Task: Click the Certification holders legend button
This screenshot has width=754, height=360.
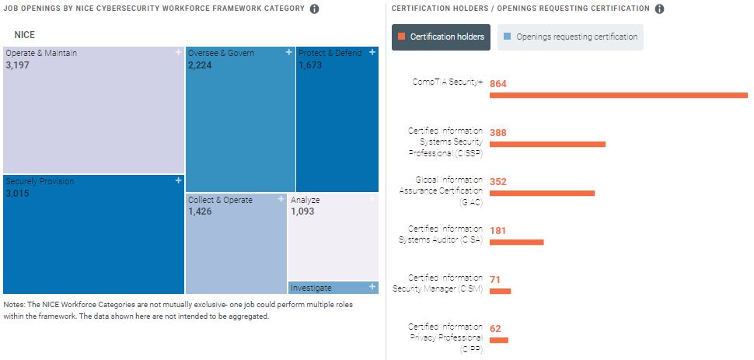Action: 441,37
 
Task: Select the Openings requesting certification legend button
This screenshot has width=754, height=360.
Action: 570,37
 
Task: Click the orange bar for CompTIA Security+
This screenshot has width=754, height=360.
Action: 618,96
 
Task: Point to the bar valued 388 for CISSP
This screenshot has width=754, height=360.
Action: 547,145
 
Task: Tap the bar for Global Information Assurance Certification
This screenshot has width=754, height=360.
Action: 542,193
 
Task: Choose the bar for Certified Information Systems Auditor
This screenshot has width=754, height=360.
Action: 516,242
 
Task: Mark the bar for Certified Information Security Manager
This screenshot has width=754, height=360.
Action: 500,291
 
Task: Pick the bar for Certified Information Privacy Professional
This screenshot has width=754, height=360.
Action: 498,340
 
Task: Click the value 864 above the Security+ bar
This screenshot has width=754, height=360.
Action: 498,83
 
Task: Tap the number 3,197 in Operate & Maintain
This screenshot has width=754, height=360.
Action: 17,65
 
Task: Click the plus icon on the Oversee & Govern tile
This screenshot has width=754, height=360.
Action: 289,52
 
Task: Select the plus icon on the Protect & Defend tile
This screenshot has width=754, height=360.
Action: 372,52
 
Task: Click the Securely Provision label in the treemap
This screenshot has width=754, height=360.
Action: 40,181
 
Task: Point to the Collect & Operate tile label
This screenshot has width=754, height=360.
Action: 220,200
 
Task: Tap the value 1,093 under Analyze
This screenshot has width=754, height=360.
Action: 302,211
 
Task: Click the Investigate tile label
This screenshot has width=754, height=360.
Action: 311,288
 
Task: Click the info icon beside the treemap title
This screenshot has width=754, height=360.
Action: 314,9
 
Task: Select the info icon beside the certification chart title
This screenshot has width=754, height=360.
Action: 659,9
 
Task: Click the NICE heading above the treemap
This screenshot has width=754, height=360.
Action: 25,35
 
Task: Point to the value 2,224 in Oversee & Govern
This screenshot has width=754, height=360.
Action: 200,65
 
